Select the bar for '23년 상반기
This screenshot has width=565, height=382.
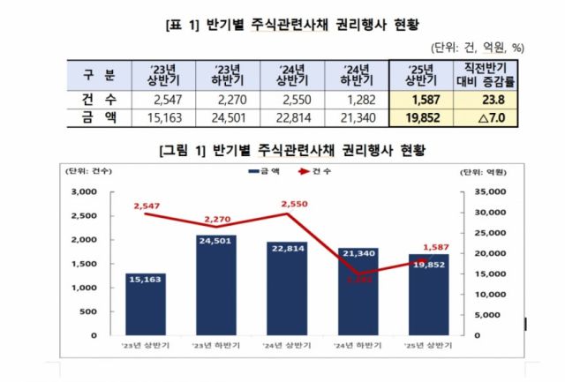(x=146, y=303)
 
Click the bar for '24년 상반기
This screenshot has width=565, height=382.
(x=287, y=288)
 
